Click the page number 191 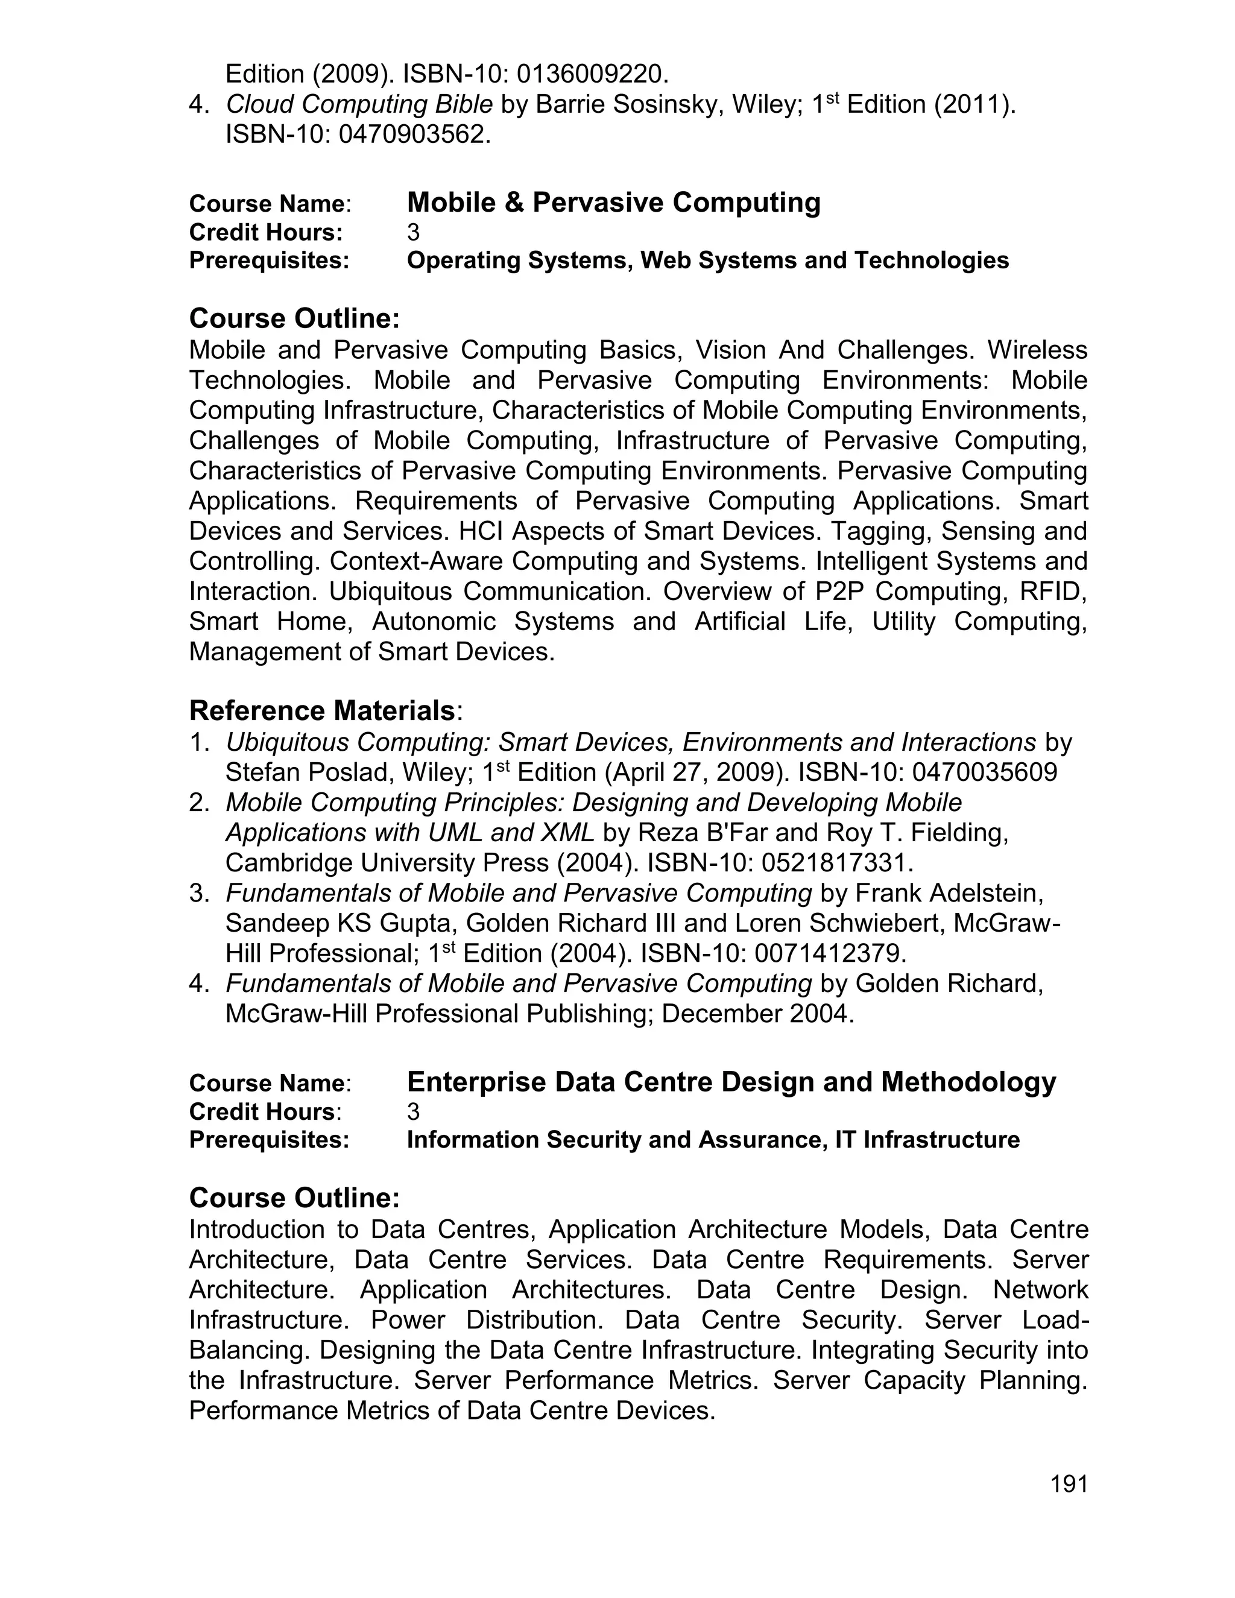click(x=1069, y=1484)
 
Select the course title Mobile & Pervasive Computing click(x=613, y=202)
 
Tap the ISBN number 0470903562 click(x=413, y=134)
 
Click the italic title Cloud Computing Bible click(x=359, y=105)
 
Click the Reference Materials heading click(x=322, y=710)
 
